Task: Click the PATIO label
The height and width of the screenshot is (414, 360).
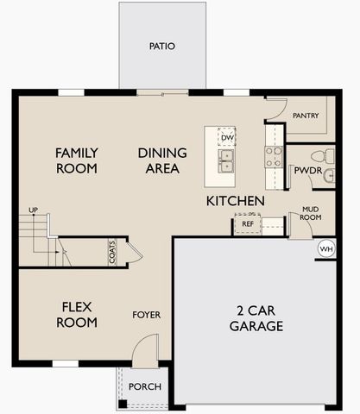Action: pos(162,46)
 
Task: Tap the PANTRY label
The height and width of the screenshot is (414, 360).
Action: pos(306,116)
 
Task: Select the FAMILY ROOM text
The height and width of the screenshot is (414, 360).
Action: pos(77,160)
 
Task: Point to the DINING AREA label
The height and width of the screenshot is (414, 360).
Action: pos(159,160)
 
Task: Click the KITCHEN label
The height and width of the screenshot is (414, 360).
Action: pos(235,201)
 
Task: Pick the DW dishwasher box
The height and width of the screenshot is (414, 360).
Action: pos(227,137)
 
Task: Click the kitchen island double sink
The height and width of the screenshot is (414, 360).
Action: pos(226,160)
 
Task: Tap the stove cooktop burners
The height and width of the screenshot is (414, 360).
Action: pos(274,156)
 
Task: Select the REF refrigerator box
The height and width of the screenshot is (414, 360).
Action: pos(248,224)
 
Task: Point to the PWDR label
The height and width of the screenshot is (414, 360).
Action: pos(307,171)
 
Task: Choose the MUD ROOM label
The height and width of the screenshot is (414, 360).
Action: pos(310,213)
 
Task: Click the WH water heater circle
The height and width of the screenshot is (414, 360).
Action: pos(325,248)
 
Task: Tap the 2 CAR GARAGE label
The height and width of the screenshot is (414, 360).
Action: pos(256,318)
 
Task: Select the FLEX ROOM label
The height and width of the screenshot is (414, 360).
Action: pos(78,315)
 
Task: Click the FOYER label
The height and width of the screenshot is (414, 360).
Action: pos(146,315)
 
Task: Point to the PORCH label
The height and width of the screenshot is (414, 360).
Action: pos(144,386)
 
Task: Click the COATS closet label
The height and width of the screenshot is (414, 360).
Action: pos(113,252)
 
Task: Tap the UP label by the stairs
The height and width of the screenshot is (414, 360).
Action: pos(34,210)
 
